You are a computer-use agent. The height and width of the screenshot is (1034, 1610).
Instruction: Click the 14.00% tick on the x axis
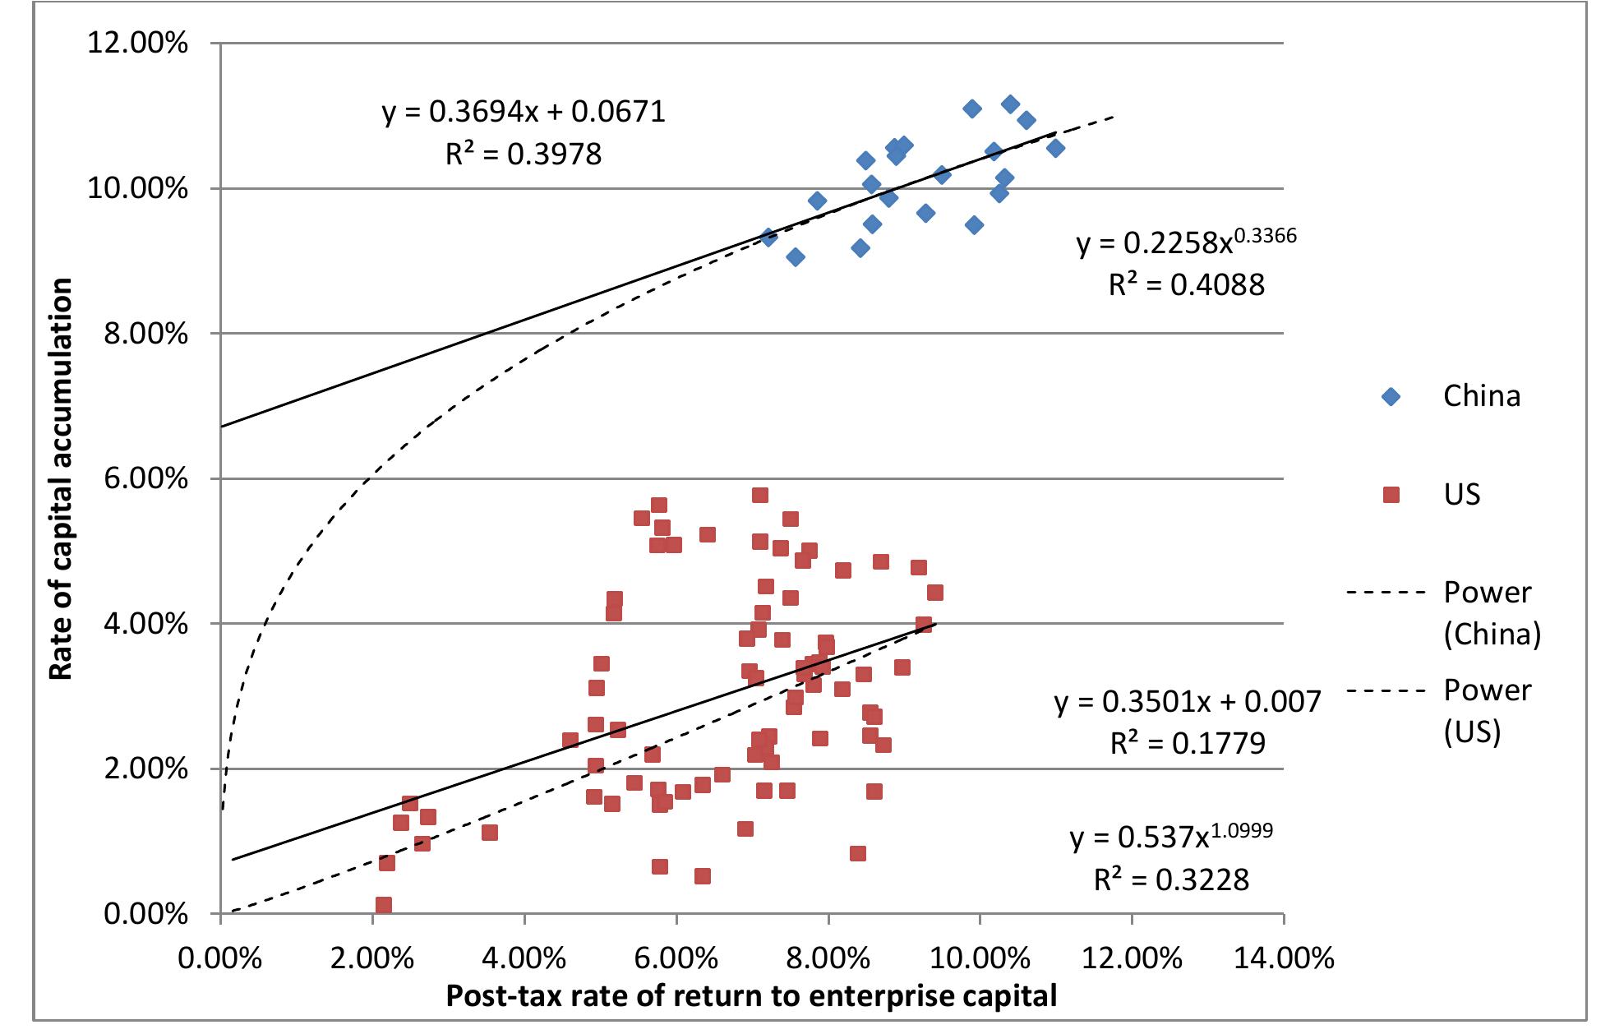1284,958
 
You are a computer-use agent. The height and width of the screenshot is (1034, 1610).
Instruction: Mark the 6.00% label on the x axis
676,958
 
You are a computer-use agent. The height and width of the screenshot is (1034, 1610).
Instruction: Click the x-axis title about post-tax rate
751,996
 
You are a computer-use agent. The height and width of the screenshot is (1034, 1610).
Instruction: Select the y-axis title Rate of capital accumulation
62,479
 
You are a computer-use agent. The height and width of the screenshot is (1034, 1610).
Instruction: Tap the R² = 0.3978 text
524,154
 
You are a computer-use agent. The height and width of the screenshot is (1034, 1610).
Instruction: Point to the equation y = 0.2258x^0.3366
1186,242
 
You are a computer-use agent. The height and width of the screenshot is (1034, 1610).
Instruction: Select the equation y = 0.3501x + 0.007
1188,701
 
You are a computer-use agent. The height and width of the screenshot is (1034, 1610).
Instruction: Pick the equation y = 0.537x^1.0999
1171,837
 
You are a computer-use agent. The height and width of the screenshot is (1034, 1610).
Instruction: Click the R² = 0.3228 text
1171,880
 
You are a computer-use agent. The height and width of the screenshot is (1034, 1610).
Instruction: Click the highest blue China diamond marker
1011,104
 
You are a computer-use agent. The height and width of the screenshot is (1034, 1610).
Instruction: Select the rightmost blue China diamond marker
1056,149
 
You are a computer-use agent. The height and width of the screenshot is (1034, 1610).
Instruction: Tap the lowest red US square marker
384,905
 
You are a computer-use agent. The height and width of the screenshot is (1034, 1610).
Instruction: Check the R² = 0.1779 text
1188,744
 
